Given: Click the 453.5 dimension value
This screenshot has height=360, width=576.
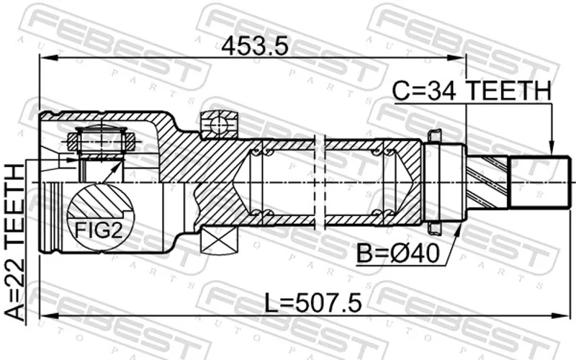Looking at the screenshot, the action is tap(255, 47).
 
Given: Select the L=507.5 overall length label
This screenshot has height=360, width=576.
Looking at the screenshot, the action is tap(313, 302).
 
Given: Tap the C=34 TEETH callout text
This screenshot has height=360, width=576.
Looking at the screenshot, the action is tap(472, 91).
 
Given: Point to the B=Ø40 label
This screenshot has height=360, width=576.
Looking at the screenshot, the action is tap(398, 253).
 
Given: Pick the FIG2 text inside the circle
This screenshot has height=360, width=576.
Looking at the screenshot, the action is tap(98, 230).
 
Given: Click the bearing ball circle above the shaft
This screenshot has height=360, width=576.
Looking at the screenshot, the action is tap(218, 125).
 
